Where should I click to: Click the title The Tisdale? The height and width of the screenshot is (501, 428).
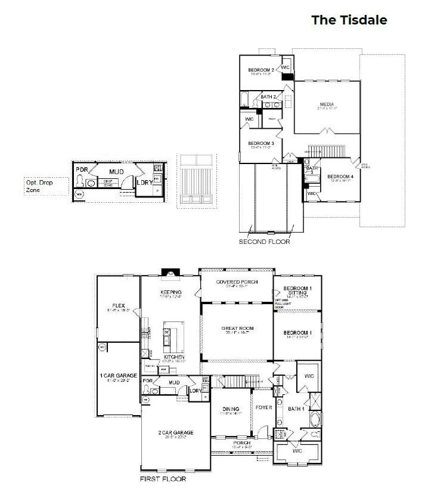click(x=349, y=20)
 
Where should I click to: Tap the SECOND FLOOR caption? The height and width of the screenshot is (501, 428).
click(x=264, y=242)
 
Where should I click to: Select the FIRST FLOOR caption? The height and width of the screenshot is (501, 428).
click(x=163, y=479)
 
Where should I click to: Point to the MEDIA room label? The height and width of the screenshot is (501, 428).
click(x=327, y=104)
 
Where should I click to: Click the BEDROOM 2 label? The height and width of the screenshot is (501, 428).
click(x=260, y=70)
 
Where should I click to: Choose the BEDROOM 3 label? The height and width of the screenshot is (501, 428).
click(x=260, y=144)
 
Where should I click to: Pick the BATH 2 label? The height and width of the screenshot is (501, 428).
click(x=268, y=97)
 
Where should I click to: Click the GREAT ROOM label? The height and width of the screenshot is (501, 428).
click(x=238, y=329)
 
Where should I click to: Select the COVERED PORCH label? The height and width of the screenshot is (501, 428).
click(x=237, y=282)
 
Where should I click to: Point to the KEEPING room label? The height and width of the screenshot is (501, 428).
click(x=170, y=292)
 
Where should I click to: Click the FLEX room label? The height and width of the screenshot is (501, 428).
click(x=117, y=307)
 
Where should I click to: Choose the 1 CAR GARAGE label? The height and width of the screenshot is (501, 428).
click(x=118, y=376)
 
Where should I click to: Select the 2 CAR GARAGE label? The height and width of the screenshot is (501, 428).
click(x=175, y=432)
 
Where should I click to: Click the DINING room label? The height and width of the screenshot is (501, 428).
click(x=231, y=409)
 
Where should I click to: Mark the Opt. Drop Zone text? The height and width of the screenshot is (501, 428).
click(x=39, y=186)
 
